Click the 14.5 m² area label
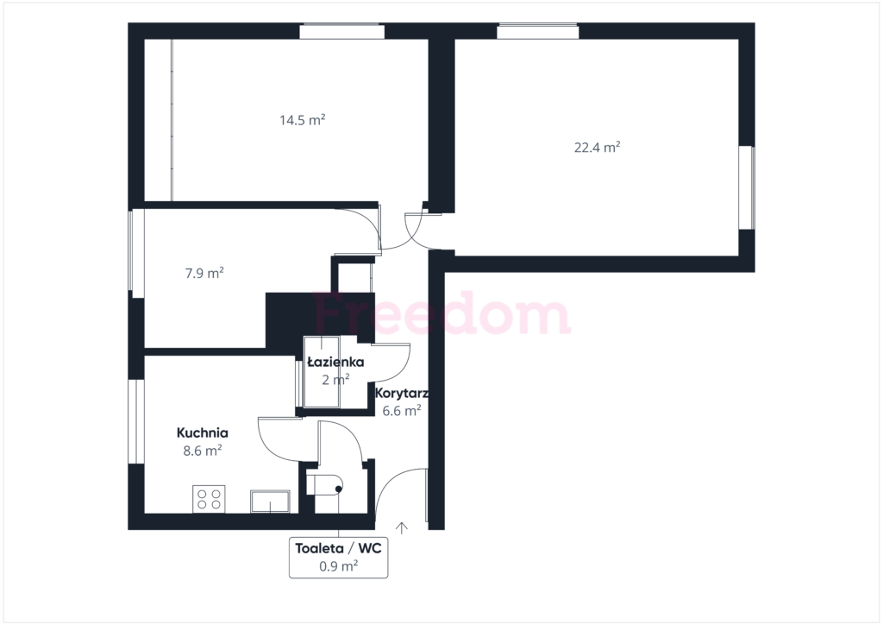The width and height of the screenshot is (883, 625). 303,120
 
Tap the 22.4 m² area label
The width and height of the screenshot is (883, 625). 597,147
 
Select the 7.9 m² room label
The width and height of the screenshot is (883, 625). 204,274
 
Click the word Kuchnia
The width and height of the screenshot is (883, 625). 202,432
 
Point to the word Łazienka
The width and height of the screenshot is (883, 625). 335,362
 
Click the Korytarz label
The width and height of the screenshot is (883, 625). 402,393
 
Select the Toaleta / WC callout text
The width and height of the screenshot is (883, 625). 338,548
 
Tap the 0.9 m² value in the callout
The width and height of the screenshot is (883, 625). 338,565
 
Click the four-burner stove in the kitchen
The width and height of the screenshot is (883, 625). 209,499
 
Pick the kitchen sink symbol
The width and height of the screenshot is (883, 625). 270,502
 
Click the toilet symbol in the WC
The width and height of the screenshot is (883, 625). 325,484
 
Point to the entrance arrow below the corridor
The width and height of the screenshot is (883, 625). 402,528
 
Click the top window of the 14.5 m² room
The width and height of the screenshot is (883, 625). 341,31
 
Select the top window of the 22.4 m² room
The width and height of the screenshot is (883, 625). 538,31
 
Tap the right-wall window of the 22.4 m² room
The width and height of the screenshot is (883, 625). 747,187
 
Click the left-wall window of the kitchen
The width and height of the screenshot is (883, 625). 136,421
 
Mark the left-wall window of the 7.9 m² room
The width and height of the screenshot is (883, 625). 136,254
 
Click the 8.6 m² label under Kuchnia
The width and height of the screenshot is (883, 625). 202,451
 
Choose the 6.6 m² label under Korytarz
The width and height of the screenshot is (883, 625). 402,411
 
